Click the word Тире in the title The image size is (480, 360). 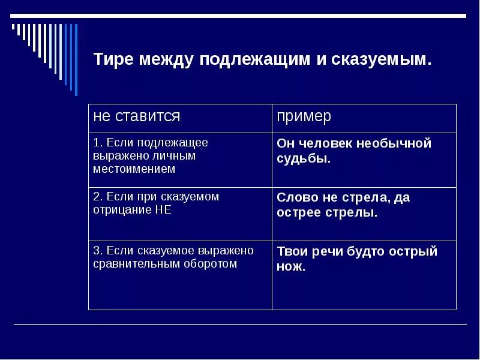tap(113, 60)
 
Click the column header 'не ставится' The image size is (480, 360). tap(137, 116)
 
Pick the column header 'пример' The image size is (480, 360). tap(304, 116)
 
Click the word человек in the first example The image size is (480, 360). tap(324, 144)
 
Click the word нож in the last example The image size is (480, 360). tap(290, 266)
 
